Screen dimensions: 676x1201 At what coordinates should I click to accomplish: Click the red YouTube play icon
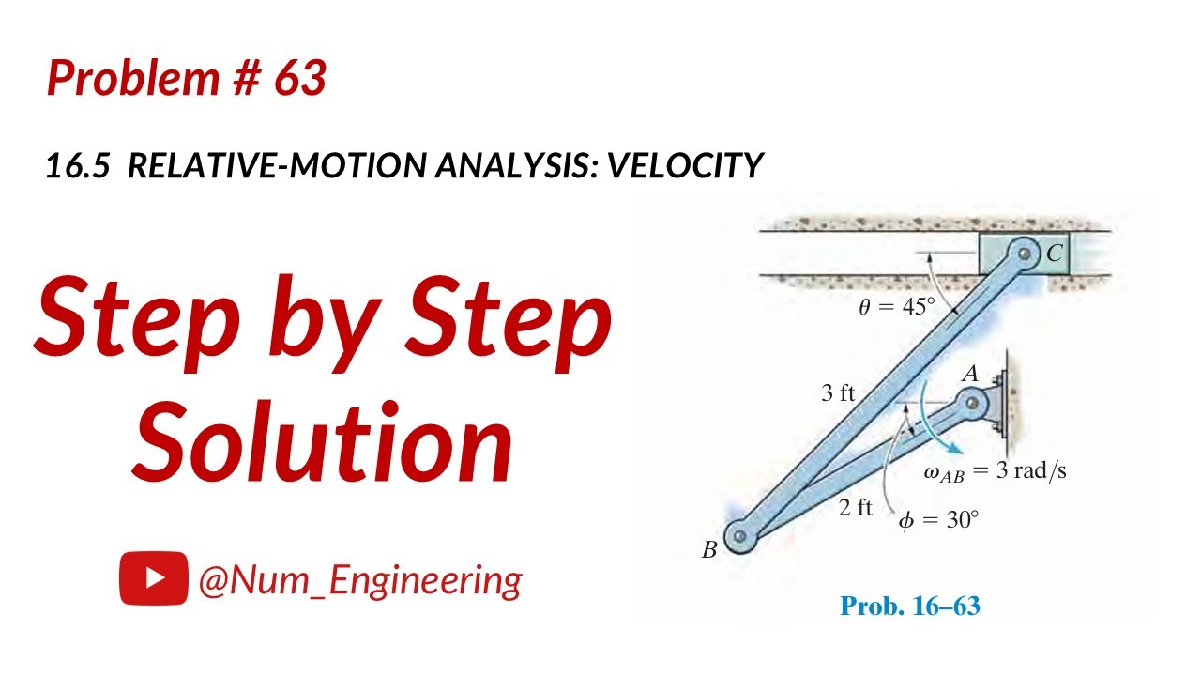coord(154,578)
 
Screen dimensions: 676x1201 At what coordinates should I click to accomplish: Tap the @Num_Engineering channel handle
coord(359,579)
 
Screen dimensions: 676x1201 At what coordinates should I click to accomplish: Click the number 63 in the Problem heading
coord(300,79)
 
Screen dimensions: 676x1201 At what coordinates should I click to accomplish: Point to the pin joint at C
coord(1024,253)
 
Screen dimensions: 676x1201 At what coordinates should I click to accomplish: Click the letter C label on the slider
coord(1055,253)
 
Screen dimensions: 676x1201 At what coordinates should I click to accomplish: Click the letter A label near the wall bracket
coord(970,374)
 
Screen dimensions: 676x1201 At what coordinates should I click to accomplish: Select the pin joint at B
coord(741,536)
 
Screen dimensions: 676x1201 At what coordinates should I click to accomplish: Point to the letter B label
coord(709,551)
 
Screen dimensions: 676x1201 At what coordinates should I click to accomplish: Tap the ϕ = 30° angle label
coord(938,518)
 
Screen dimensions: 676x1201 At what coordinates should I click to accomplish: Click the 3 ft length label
coord(838,392)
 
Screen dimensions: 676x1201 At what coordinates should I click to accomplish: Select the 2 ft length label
coord(855,508)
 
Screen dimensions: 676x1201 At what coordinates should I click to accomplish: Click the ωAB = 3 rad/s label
coord(995,470)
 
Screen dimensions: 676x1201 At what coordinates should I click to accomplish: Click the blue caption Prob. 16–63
coord(909,606)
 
